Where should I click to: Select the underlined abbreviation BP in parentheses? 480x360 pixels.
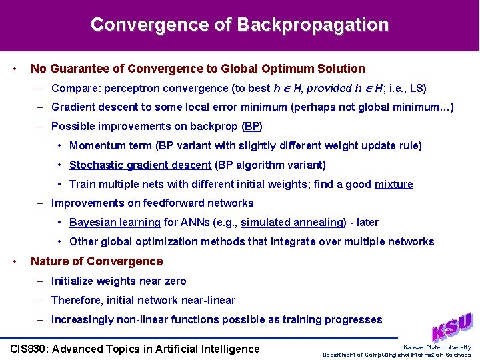(x=252, y=126)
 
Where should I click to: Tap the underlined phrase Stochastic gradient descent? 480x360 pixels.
(x=140, y=165)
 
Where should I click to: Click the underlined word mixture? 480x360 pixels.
(x=393, y=184)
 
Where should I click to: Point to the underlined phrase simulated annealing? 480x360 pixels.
(x=291, y=223)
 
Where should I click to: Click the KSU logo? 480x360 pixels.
(x=451, y=327)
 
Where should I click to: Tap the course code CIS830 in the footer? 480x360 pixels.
(x=31, y=349)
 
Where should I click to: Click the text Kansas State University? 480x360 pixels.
(x=437, y=347)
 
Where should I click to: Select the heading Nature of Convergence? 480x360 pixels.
(x=97, y=261)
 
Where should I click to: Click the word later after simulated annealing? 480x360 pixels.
(x=371, y=223)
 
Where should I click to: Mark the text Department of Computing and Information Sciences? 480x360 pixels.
(x=397, y=355)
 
